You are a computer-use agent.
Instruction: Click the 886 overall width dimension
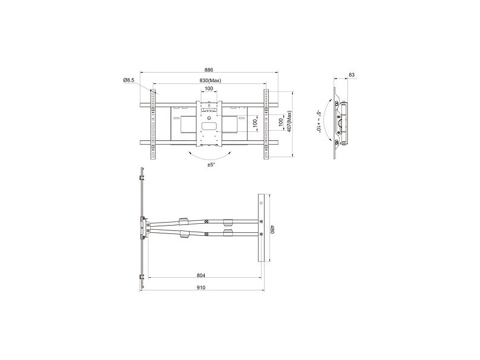(x=209, y=70)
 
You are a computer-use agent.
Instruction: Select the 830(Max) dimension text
(x=210, y=80)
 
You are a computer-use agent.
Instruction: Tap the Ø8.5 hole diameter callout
(x=128, y=80)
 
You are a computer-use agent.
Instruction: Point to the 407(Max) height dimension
(x=289, y=121)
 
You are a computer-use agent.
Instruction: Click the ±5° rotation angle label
(x=211, y=164)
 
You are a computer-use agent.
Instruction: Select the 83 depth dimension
(x=352, y=74)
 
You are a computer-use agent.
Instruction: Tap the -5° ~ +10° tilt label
(x=319, y=121)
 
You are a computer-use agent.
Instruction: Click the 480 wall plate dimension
(x=272, y=230)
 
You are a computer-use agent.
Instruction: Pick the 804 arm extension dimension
(x=201, y=275)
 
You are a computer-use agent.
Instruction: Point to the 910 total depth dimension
(x=201, y=287)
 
